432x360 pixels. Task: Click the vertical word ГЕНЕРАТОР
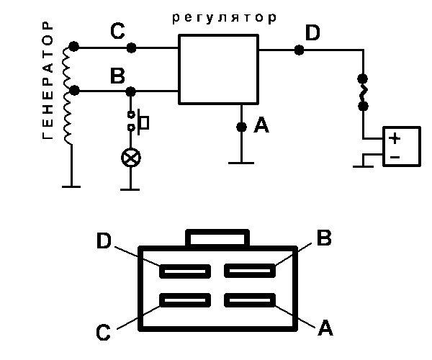tap(48, 81)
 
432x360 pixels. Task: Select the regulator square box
tap(218, 71)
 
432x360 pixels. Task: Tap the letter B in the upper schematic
tap(117, 76)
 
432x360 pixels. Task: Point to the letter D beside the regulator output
tap(312, 33)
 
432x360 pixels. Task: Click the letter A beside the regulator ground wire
tap(261, 126)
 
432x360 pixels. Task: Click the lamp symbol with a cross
tap(130, 157)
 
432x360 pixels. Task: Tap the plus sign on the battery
tap(395, 138)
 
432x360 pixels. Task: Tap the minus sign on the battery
tap(395, 156)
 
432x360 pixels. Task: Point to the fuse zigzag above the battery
tap(364, 91)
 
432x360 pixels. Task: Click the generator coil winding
tap(71, 94)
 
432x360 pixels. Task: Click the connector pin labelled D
tap(185, 271)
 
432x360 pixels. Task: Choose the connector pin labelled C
tap(185, 300)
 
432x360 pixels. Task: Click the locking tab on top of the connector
tap(218, 238)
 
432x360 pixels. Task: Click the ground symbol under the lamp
tap(130, 189)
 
